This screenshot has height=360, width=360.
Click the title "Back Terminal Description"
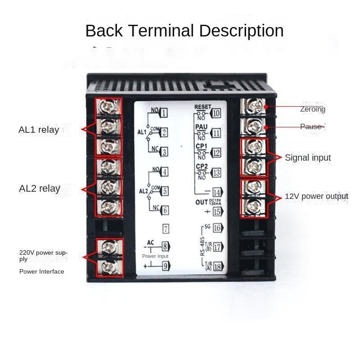click(184, 31)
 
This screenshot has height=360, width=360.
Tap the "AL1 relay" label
click(39, 130)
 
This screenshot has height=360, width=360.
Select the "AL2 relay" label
click(40, 188)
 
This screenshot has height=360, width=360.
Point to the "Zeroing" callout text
click(313, 109)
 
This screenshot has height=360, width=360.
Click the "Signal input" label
click(308, 157)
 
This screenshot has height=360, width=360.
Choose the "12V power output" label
click(316, 196)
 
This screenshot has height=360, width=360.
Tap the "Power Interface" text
click(42, 271)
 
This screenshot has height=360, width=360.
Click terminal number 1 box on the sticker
click(164, 113)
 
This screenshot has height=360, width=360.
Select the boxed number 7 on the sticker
click(166, 229)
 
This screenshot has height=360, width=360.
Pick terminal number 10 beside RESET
click(216, 113)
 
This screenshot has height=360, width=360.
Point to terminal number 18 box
click(218, 267)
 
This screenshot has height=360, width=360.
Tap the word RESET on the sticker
click(202, 107)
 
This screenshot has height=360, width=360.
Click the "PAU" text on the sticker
click(201, 127)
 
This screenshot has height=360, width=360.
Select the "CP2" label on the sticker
click(201, 166)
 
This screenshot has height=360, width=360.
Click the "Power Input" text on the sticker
click(155, 256)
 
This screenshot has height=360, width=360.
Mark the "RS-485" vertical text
click(203, 245)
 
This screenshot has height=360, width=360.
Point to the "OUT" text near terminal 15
click(202, 202)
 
